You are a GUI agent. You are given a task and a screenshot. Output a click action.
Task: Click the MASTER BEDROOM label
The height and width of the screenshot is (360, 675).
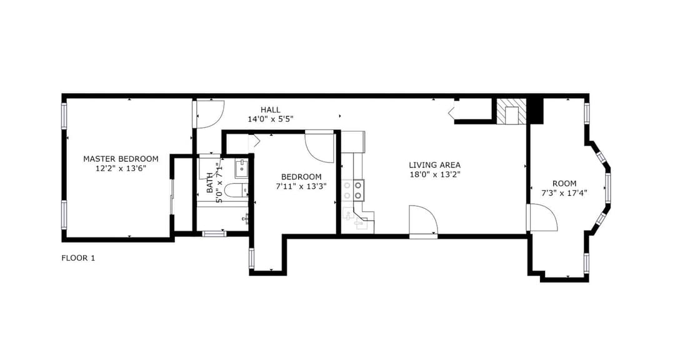pyautogui.click(x=121, y=159)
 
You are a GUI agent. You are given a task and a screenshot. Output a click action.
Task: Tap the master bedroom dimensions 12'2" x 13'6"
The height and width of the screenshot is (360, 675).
pyautogui.click(x=121, y=168)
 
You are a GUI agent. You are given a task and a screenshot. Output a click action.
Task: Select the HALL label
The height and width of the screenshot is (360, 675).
pyautogui.click(x=271, y=110)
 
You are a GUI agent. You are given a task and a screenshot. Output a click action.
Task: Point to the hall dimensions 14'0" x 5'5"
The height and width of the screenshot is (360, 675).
pyautogui.click(x=271, y=119)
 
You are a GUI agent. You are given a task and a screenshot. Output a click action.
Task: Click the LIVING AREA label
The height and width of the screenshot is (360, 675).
pyautogui.click(x=434, y=165)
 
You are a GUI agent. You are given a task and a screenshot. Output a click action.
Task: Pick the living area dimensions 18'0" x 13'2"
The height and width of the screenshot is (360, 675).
pyautogui.click(x=434, y=174)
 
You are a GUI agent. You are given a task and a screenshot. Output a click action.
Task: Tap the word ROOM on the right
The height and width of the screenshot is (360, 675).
pyautogui.click(x=564, y=184)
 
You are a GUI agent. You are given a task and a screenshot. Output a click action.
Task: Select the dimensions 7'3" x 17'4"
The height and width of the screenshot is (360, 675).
pyautogui.click(x=564, y=193)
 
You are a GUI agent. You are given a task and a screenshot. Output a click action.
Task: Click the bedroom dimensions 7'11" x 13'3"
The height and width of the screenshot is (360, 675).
pyautogui.click(x=301, y=186)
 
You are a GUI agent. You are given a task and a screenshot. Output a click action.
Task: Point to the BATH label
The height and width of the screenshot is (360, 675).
pyautogui.click(x=209, y=182)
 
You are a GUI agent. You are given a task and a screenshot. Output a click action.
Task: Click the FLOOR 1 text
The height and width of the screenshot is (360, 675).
pyautogui.click(x=78, y=258)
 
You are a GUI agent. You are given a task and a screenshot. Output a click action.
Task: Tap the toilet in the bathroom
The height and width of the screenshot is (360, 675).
pyautogui.click(x=236, y=190)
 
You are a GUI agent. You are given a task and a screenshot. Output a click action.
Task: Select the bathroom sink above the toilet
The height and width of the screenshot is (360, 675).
pyautogui.click(x=241, y=168)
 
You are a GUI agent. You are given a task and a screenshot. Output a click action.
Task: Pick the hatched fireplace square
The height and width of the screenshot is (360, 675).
pyautogui.click(x=511, y=112)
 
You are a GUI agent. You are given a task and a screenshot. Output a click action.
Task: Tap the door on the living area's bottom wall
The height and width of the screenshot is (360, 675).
pyautogui.click(x=423, y=221)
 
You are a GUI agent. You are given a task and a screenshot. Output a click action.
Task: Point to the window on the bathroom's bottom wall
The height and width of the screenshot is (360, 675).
pyautogui.click(x=214, y=234)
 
